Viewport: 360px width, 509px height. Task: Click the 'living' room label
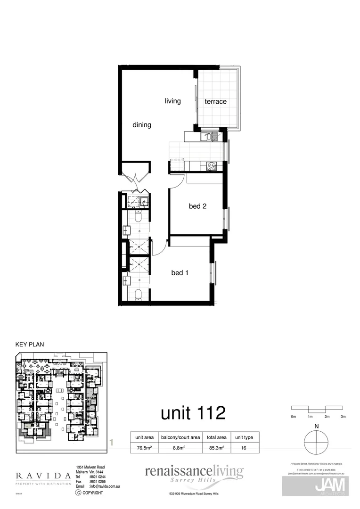172,101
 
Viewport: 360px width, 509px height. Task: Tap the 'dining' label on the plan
141,125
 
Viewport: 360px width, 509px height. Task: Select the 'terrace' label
215,101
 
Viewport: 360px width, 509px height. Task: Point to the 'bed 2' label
198,206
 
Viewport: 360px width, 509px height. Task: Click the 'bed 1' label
180,273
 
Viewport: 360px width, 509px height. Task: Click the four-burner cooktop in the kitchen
211,165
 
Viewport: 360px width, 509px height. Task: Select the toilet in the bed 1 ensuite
138,295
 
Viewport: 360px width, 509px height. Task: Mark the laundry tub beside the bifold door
143,201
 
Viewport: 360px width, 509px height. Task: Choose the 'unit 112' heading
193,413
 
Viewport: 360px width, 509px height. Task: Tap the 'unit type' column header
244,437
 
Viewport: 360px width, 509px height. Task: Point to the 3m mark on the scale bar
343,417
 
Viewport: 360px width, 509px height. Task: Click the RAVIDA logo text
43,476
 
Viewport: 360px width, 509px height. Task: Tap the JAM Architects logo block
316,486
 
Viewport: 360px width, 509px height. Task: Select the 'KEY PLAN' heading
30,345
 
